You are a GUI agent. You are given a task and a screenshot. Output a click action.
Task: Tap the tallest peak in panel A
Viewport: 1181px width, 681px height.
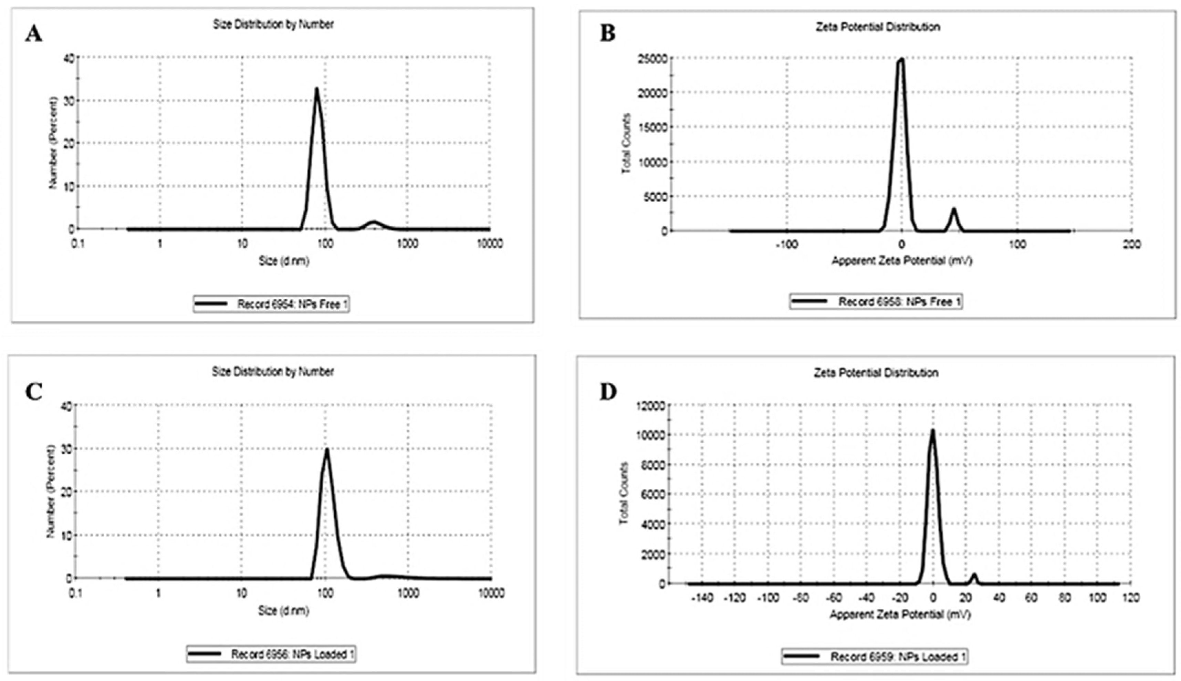[x=316, y=89]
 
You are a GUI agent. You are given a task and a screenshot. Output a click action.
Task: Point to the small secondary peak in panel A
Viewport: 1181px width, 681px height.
[x=374, y=222]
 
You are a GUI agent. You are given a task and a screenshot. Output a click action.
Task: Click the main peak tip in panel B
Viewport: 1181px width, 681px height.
[x=900, y=59]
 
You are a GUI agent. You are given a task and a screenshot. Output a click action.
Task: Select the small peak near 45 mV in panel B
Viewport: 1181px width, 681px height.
[x=954, y=209]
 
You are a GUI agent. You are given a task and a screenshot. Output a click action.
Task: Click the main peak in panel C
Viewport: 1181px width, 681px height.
[x=327, y=450]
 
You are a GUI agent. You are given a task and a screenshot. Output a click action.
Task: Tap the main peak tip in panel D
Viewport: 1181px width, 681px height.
[x=932, y=430]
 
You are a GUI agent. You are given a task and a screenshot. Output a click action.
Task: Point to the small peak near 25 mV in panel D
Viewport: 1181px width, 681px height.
[x=974, y=574]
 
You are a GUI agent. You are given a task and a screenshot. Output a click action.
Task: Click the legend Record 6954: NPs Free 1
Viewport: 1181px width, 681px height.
[x=271, y=304]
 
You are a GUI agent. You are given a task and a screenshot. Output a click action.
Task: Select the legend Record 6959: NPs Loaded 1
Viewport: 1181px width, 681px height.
[x=874, y=657]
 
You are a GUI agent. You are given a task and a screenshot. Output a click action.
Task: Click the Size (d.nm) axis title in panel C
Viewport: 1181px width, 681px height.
[x=283, y=610]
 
